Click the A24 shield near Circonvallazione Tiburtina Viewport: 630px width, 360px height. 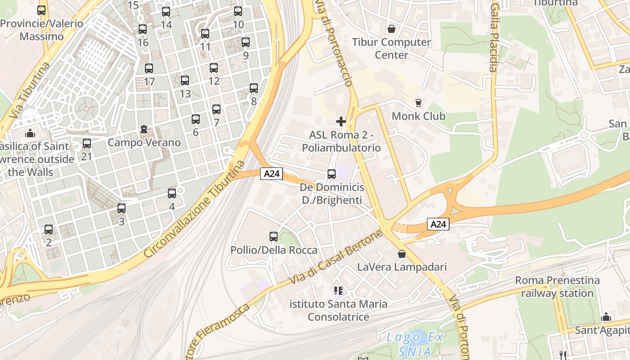point(271,174)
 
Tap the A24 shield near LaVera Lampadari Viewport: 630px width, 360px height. point(438,224)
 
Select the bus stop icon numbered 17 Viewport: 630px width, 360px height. point(149,68)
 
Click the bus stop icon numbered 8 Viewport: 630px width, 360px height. point(254,88)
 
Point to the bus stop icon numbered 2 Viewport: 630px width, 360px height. point(49,229)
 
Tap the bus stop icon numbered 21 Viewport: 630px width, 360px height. point(87,144)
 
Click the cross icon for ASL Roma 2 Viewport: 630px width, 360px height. point(341,121)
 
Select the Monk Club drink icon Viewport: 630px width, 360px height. point(418,103)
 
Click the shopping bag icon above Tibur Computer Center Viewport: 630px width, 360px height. point(391,29)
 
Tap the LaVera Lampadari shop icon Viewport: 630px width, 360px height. point(402,254)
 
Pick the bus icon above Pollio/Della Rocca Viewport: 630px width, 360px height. point(274,237)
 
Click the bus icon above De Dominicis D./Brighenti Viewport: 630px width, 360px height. point(332,174)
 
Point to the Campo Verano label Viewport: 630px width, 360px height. point(144,143)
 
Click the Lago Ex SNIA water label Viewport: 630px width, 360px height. point(415,344)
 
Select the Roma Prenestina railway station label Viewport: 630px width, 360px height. point(557,287)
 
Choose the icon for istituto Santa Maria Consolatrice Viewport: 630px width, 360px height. point(338,291)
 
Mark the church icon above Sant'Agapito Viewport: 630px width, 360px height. point(606,317)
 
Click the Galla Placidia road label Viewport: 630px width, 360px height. point(494,38)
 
